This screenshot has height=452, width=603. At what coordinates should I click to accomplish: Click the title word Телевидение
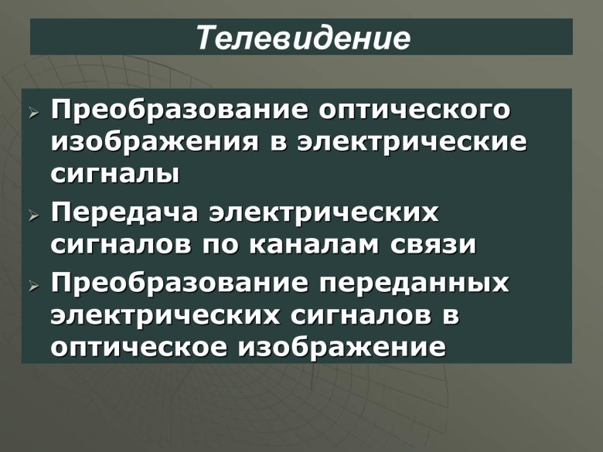pos(301,37)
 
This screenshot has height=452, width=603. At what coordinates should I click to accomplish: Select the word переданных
pos(414,282)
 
